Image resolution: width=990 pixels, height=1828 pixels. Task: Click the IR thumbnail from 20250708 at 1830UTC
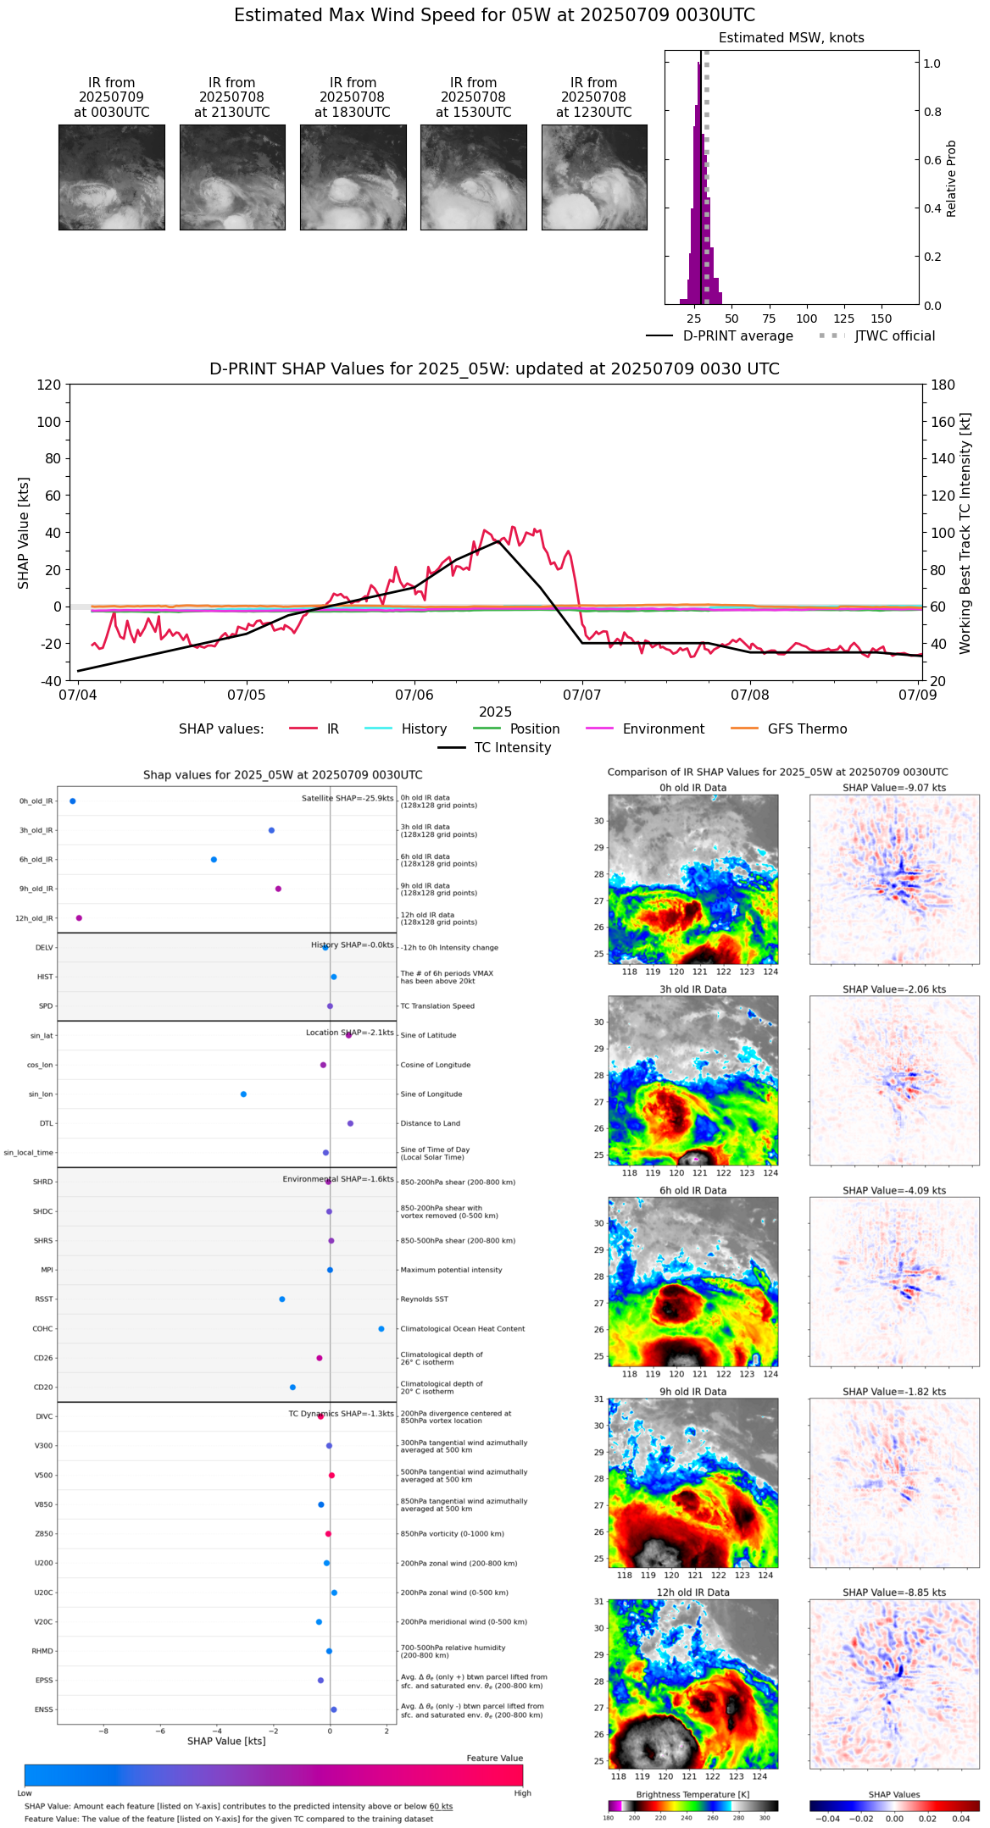[353, 177]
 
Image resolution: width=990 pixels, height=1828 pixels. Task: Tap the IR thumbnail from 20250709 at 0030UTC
[111, 177]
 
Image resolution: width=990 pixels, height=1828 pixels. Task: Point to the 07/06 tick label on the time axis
[414, 695]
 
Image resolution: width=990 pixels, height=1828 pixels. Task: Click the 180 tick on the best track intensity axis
[943, 385]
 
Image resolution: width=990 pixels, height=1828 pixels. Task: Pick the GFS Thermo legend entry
[807, 729]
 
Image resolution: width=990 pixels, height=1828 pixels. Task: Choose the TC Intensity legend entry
[512, 748]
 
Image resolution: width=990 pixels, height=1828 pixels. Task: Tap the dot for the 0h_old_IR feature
[73, 801]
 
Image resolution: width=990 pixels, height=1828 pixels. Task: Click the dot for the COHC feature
[381, 1329]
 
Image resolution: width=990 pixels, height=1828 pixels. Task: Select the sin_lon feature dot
[243, 1094]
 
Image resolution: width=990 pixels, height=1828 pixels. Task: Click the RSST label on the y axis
[43, 1299]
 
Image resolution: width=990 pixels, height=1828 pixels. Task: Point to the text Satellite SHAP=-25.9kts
[348, 799]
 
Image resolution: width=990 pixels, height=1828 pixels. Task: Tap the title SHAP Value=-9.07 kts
[894, 789]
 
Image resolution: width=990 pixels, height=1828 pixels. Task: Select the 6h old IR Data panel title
[692, 1191]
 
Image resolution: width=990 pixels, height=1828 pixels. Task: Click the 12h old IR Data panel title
[692, 1593]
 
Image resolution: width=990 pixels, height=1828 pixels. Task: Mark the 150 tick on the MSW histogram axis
[882, 319]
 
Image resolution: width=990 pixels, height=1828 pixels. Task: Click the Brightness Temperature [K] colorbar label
[692, 1795]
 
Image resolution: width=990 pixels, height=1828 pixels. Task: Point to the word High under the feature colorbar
[522, 1793]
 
